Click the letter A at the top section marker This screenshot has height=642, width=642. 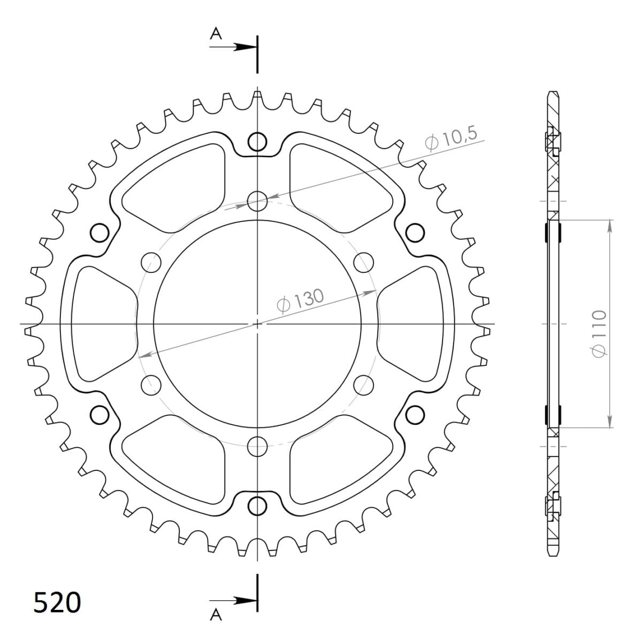click(x=216, y=34)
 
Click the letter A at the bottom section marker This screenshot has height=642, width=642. click(x=216, y=616)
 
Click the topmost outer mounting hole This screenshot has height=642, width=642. click(x=257, y=142)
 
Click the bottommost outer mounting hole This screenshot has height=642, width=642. click(x=257, y=505)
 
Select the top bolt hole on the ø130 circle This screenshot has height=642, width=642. click(x=257, y=202)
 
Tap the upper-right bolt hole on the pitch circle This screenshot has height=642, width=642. click(x=363, y=262)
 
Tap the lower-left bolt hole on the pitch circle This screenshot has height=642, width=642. click(x=152, y=384)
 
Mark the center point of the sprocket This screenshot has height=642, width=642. click(x=257, y=324)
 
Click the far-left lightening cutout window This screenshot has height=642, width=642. click(x=99, y=323)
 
